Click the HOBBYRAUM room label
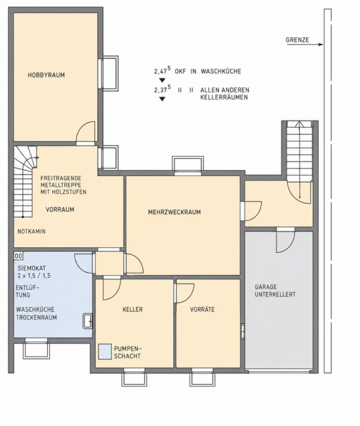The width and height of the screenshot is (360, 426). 46,75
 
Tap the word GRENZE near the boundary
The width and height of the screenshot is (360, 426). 297,40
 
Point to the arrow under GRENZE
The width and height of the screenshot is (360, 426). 305,45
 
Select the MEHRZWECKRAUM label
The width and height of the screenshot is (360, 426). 174,212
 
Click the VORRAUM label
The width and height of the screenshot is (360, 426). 60,209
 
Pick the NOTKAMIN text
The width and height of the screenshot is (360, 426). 31,232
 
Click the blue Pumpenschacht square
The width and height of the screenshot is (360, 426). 105,351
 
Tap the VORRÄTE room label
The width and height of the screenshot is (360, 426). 202,310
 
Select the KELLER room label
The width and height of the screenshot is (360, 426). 133,310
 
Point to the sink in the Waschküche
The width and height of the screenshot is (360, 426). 88,321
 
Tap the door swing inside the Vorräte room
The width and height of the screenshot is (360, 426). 185,293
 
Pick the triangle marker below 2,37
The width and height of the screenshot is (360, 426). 162,99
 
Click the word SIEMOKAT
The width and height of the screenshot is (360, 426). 32,268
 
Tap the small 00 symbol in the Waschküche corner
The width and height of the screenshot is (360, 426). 18,256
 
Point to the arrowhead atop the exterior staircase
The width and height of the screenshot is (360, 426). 300,124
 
